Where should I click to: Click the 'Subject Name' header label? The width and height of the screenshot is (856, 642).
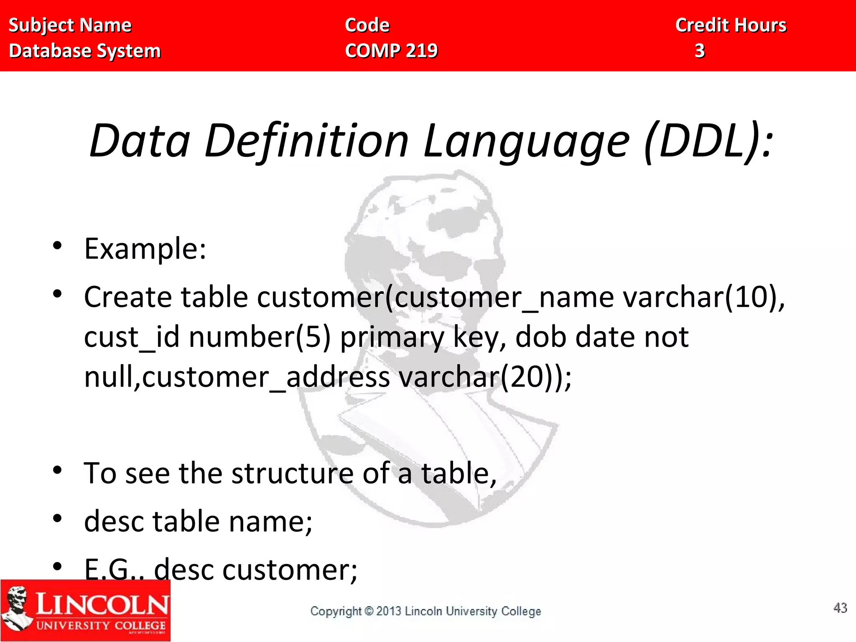point(70,25)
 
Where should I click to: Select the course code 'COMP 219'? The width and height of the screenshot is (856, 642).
point(391,51)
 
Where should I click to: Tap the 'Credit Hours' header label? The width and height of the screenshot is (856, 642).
point(731,25)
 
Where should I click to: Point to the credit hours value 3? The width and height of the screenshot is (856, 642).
point(700,51)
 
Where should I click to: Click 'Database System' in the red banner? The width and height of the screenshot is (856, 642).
point(85,51)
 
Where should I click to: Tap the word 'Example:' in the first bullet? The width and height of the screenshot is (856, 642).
point(145,249)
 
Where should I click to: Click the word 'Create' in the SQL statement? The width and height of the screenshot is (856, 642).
point(127,297)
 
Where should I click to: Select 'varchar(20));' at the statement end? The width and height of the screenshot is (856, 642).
point(485,377)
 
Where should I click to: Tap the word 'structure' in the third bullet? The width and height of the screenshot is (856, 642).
point(292,474)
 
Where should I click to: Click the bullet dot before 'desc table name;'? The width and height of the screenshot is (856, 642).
point(57,519)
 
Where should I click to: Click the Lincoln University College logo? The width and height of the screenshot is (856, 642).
point(85,610)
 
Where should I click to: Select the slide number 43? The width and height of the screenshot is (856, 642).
point(840,608)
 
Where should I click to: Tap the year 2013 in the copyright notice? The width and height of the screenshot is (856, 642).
point(388,611)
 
